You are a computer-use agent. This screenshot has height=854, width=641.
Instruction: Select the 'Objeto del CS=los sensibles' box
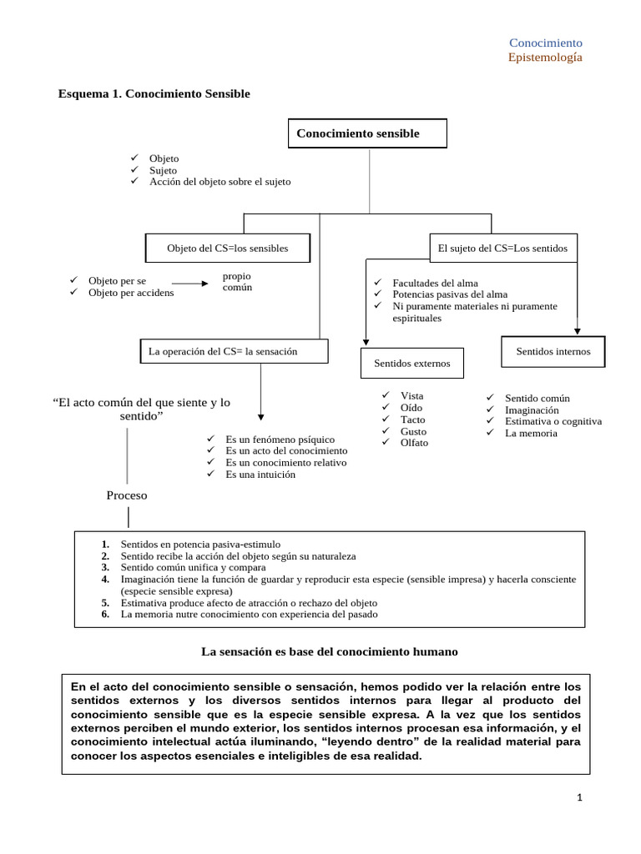click(228, 249)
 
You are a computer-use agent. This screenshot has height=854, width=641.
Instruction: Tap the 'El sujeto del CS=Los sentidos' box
click(502, 249)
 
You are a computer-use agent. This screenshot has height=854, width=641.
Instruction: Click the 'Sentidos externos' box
click(411, 363)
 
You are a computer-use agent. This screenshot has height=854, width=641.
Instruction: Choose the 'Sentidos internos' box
click(553, 351)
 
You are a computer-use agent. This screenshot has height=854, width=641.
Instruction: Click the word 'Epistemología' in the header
click(545, 58)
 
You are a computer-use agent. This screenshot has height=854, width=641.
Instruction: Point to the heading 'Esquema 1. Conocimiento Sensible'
click(154, 93)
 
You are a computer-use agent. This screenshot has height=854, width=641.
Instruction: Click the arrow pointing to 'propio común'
click(190, 284)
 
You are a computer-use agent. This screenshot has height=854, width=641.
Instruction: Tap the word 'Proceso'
click(127, 495)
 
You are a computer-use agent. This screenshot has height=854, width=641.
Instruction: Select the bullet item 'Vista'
click(412, 396)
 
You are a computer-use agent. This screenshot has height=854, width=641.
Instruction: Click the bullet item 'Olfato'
click(414, 443)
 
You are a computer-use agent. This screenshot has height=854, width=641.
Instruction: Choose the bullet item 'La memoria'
click(531, 434)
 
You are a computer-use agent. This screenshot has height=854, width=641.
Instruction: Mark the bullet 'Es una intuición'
click(260, 475)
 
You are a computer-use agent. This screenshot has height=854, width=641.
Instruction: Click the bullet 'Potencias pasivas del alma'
click(450, 294)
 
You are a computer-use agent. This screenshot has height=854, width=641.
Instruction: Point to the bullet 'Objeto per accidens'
click(131, 293)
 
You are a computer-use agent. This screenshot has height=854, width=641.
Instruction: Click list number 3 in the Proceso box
click(106, 567)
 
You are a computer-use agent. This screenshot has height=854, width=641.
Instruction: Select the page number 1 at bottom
click(579, 797)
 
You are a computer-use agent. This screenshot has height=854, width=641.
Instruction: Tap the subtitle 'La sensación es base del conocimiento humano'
click(331, 651)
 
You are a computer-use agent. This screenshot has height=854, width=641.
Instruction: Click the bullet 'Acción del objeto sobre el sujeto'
click(220, 182)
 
